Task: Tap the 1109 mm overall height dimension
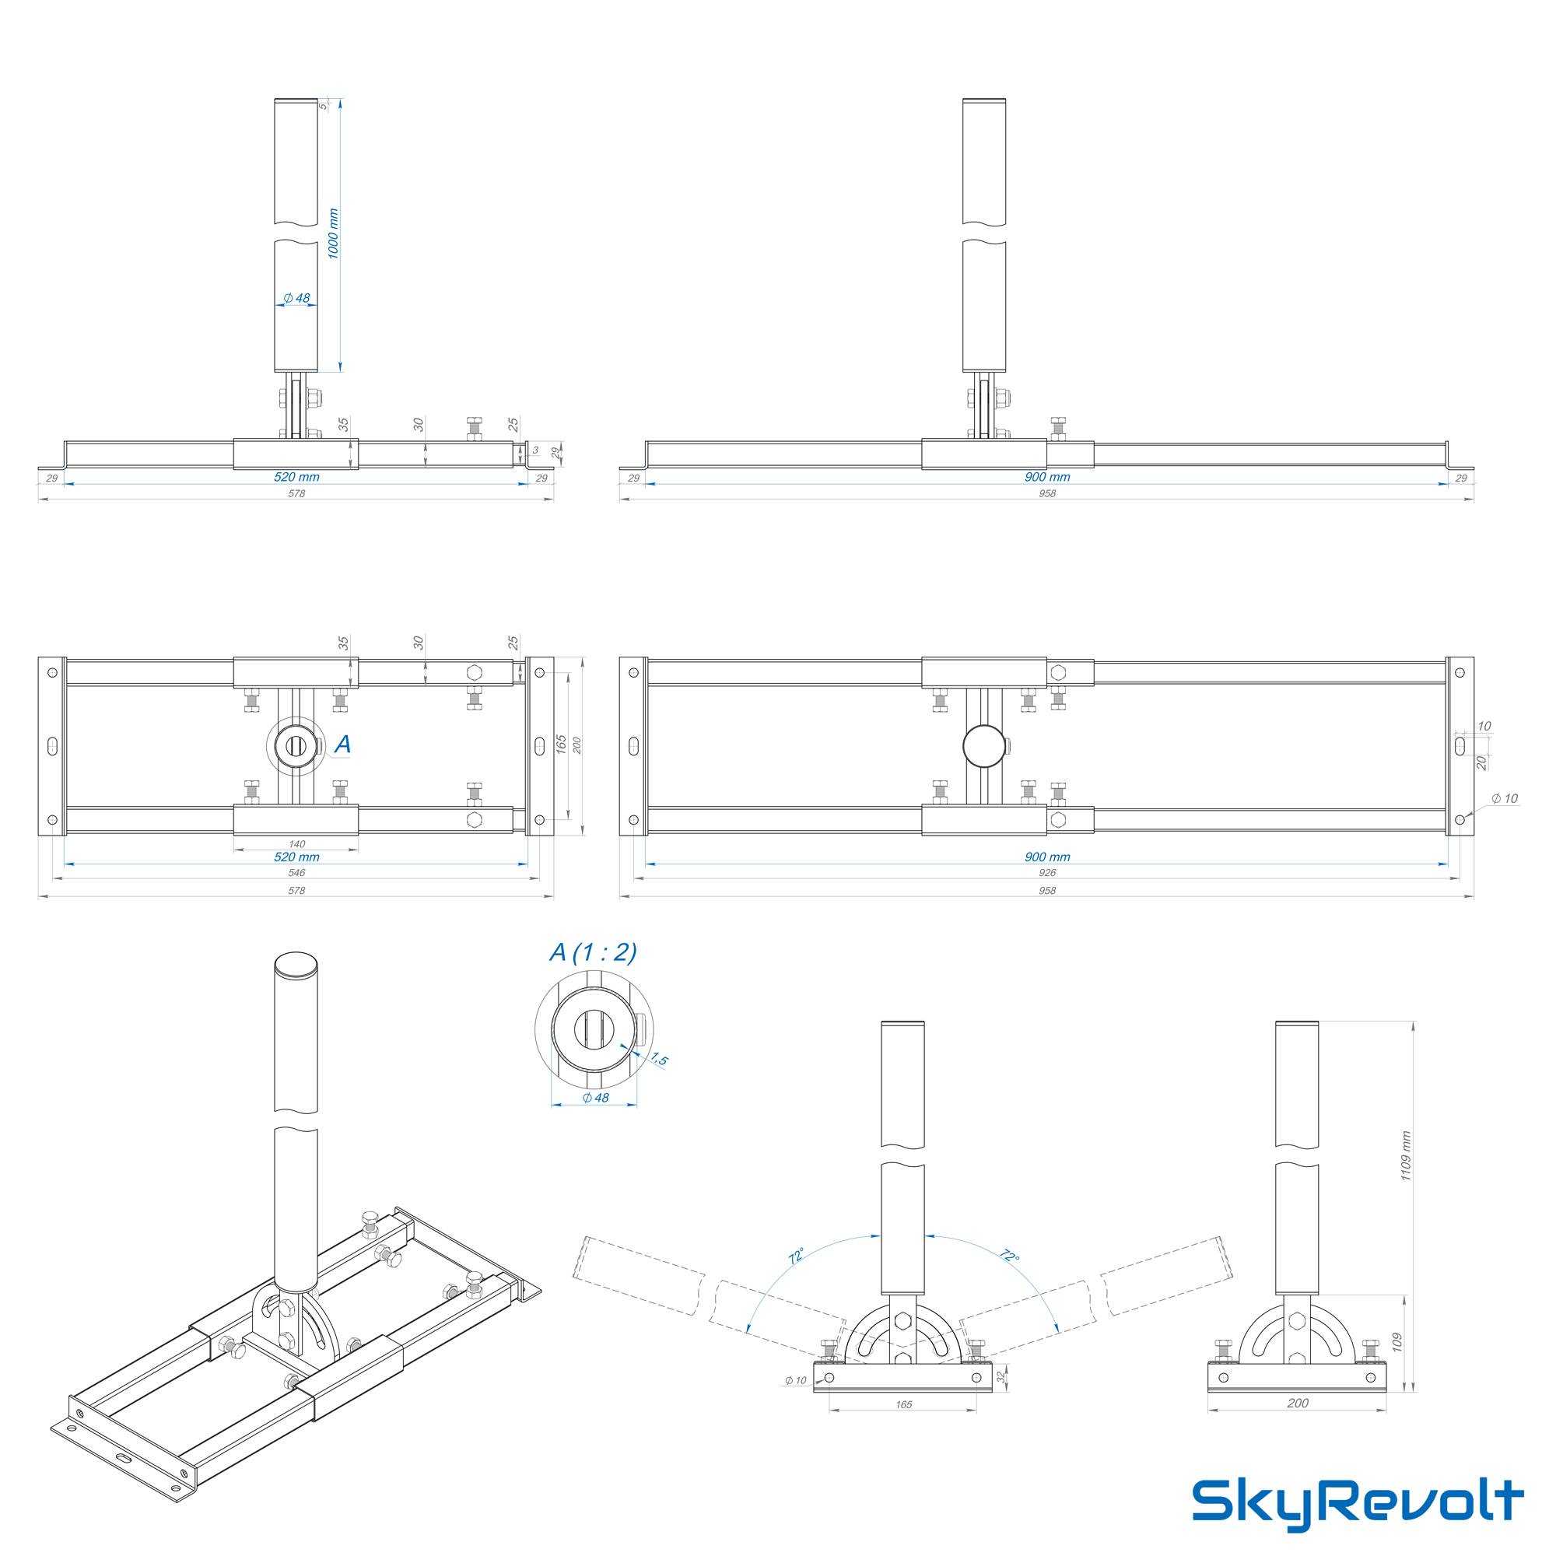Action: click(x=1406, y=1156)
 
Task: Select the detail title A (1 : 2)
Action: click(x=593, y=953)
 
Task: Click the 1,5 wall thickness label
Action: click(x=659, y=1059)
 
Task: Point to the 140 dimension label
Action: click(x=296, y=844)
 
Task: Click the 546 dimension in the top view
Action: click(x=296, y=873)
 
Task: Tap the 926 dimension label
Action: click(x=1046, y=872)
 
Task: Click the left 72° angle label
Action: click(x=796, y=1256)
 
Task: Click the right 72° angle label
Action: click(x=1009, y=1256)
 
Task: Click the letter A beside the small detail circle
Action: click(x=342, y=745)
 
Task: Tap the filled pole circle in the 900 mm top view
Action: click(x=984, y=746)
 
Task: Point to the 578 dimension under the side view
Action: click(x=296, y=494)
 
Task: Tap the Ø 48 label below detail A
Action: click(x=595, y=1098)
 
